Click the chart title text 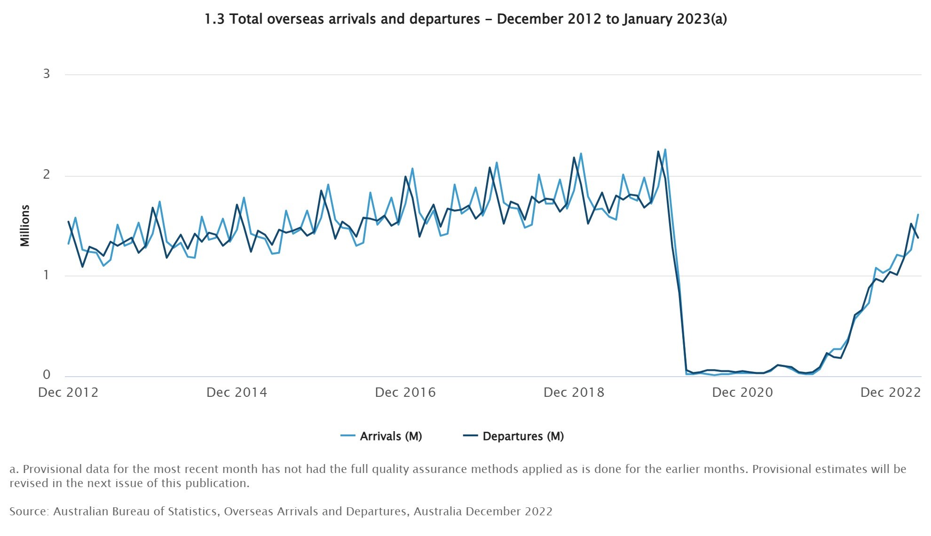click(465, 19)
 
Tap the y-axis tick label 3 click(46, 74)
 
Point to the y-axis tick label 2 click(46, 174)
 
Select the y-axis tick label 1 click(46, 275)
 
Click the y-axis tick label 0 click(46, 375)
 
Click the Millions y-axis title click(25, 226)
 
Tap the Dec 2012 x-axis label click(68, 393)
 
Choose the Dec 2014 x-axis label click(237, 393)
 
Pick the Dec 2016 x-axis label click(405, 393)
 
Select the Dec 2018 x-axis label click(574, 393)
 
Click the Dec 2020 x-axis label click(742, 393)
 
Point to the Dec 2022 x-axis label click(890, 393)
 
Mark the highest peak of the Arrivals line click(665, 150)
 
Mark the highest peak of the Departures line click(658, 151)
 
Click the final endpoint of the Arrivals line click(918, 215)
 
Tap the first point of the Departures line click(69, 222)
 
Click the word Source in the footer click(28, 512)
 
